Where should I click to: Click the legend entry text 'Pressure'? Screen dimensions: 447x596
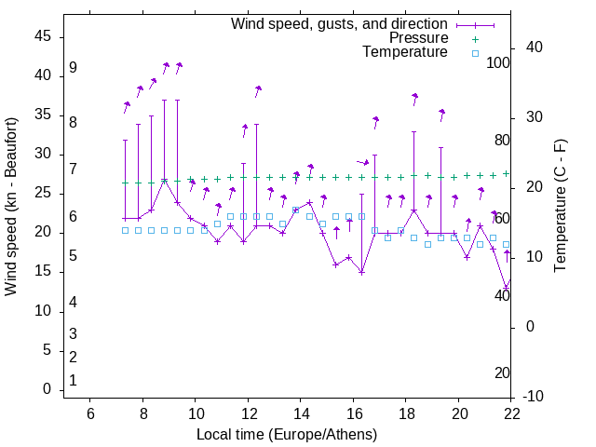click(x=419, y=38)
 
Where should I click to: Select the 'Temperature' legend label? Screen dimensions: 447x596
click(x=405, y=52)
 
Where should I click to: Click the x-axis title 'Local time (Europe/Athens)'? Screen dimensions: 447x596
click(x=287, y=434)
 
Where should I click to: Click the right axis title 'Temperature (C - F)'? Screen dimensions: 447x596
click(x=560, y=207)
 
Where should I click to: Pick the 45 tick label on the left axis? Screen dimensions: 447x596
click(x=43, y=36)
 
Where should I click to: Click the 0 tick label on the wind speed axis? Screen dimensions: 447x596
click(x=47, y=390)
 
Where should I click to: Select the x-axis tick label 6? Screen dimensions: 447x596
click(x=90, y=414)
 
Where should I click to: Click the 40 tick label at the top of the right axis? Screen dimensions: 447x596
click(x=535, y=47)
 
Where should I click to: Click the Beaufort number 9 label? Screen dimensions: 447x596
click(x=73, y=69)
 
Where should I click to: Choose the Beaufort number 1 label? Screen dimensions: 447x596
click(x=73, y=381)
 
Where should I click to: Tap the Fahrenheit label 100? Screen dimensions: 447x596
click(x=498, y=63)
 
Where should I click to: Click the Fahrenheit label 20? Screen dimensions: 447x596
click(x=502, y=373)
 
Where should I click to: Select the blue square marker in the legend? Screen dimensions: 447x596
click(x=475, y=53)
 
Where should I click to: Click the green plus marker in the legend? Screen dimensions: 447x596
click(x=475, y=39)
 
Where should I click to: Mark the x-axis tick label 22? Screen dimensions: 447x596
click(x=511, y=414)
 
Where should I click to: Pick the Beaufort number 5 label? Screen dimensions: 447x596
click(x=73, y=256)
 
